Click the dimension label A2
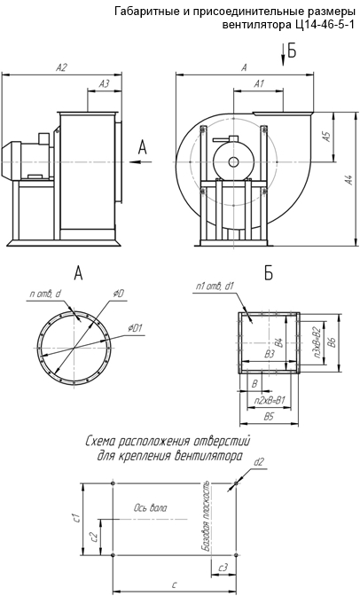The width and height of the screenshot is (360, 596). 61,67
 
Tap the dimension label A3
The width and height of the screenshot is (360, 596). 104,84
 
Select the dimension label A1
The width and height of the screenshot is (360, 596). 259,84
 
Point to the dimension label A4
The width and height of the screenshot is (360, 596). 348,180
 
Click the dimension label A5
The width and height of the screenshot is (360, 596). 326,137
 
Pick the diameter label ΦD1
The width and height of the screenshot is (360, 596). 135,327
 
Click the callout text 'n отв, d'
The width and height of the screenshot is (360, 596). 45,294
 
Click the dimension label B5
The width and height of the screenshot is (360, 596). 270,417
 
